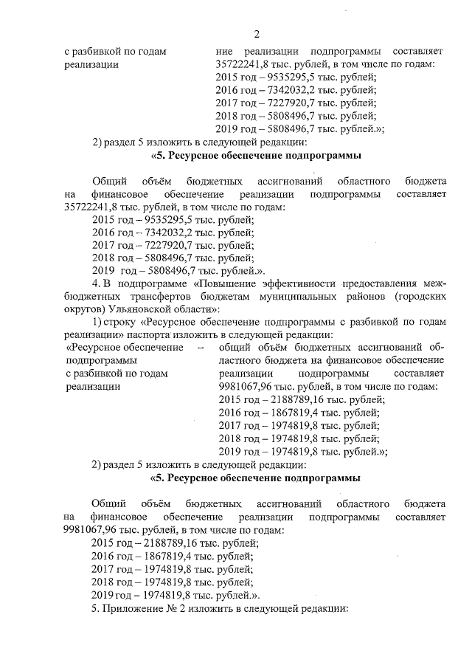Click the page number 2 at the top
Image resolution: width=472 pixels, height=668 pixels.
[256, 33]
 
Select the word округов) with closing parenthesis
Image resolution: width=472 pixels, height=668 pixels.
[86, 309]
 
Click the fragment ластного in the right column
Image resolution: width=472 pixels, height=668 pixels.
[239, 360]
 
